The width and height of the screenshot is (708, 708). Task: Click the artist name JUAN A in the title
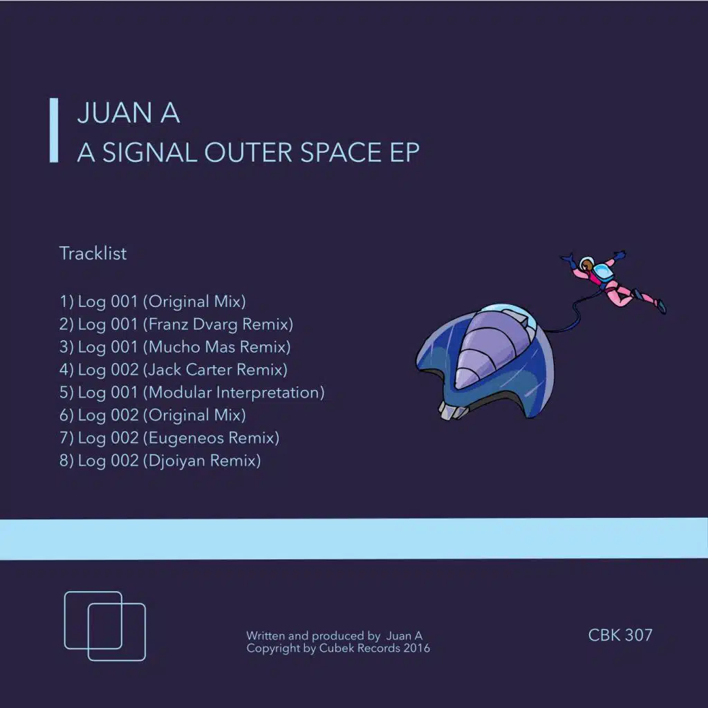pos(129,113)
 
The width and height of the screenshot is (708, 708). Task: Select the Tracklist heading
pos(93,253)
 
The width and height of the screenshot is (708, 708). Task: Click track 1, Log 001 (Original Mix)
pos(153,301)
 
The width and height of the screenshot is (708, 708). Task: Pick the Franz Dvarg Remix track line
pos(176,324)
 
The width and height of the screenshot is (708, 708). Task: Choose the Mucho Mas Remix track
pos(175,346)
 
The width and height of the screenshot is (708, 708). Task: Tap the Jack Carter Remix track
pos(174,369)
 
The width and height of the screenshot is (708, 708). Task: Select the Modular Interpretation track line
pos(192,392)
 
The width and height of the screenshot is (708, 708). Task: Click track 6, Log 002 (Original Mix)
pos(153,415)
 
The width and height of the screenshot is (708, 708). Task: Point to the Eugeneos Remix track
pos(169,438)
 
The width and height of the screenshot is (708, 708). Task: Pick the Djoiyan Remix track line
pos(160,460)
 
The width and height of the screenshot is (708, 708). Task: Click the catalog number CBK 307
pos(620,635)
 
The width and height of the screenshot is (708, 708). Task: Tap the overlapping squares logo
pos(105,625)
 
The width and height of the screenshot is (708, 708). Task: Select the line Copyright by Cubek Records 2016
pos(338,649)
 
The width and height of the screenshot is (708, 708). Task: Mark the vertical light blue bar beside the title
pos(53,131)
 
